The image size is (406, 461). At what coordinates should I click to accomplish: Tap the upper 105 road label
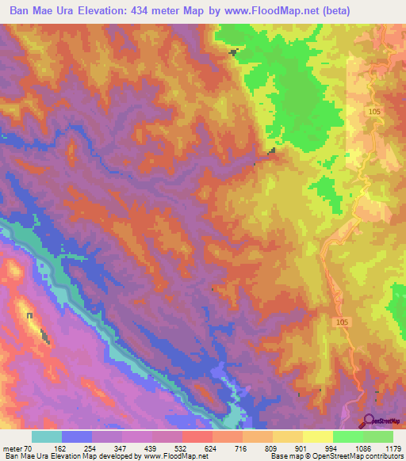(x=374, y=113)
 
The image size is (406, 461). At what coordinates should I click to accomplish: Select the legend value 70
(x=29, y=448)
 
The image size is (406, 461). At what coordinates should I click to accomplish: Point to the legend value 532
(x=182, y=448)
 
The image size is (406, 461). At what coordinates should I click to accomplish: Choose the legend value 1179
(x=393, y=448)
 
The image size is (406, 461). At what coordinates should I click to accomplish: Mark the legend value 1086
(x=362, y=448)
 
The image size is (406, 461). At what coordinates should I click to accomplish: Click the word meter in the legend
(x=13, y=448)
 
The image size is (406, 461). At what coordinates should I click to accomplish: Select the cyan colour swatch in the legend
(x=47, y=436)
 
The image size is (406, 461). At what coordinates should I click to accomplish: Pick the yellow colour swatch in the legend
(x=317, y=436)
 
